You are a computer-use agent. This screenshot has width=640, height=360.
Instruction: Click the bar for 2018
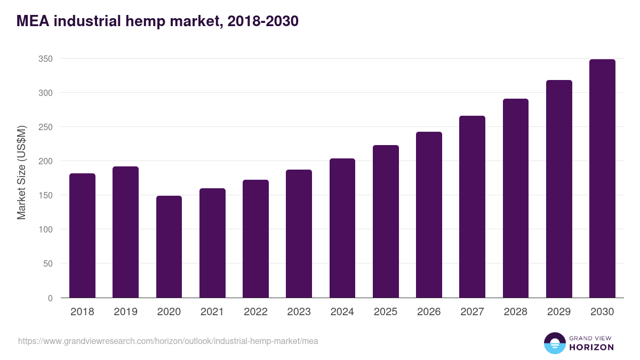click(82, 235)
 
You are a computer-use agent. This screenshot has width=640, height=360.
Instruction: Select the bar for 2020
click(169, 246)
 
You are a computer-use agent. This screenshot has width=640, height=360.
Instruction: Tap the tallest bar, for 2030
click(602, 178)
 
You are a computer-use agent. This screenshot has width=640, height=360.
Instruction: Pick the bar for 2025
click(386, 221)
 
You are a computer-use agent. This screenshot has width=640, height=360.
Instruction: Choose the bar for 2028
click(515, 198)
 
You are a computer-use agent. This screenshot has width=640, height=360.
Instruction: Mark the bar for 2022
click(255, 238)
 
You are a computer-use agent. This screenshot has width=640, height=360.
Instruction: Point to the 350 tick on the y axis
click(45, 59)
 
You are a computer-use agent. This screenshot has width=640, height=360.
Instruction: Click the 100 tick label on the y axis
click(45, 229)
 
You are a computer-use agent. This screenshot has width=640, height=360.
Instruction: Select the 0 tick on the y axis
click(50, 298)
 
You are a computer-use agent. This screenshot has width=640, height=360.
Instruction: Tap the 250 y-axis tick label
click(45, 127)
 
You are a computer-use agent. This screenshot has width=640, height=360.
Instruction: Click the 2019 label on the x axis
click(125, 312)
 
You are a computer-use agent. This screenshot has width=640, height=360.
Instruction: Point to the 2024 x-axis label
click(342, 312)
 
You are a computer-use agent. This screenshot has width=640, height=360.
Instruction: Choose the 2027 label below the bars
click(472, 312)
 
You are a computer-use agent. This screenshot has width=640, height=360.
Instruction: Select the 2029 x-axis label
click(559, 312)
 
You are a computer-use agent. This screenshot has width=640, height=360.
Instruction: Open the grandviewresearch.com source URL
click(168, 341)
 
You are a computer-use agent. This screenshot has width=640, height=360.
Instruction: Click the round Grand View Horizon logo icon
click(554, 343)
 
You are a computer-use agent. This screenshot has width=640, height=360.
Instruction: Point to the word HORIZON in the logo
click(591, 347)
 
